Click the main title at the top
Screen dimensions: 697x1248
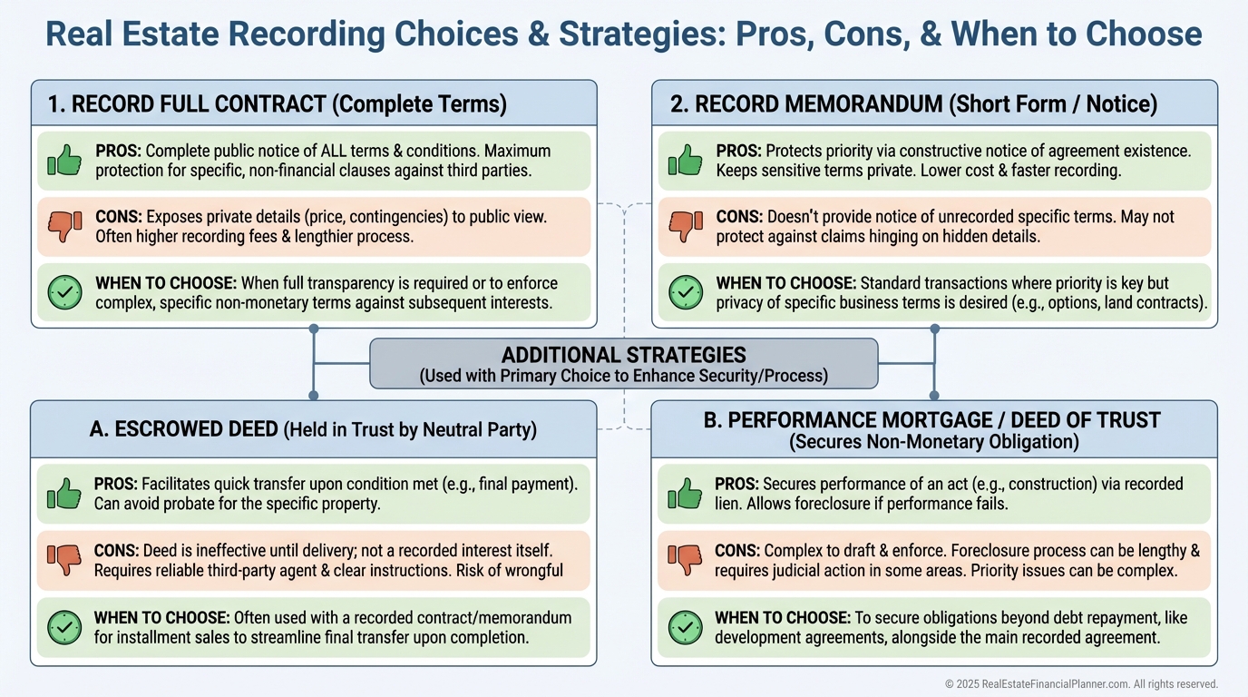coord(624,35)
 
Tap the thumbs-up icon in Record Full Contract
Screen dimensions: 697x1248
coord(64,161)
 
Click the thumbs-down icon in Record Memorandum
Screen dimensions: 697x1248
coord(686,226)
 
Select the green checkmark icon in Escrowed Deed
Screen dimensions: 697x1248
coord(63,627)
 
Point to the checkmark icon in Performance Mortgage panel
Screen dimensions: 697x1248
coord(686,627)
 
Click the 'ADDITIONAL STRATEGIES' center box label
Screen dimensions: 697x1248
coord(624,355)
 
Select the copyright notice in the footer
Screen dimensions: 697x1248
coord(1081,683)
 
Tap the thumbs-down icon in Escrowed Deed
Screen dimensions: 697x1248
coord(63,560)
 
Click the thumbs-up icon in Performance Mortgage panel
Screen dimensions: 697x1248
coord(686,494)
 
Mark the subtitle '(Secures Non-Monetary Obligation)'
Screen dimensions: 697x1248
coord(933,442)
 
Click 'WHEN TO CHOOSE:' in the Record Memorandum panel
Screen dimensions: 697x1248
coord(785,283)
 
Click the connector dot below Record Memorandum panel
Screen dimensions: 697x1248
coord(934,329)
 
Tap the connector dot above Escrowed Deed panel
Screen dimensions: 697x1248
coord(314,395)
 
